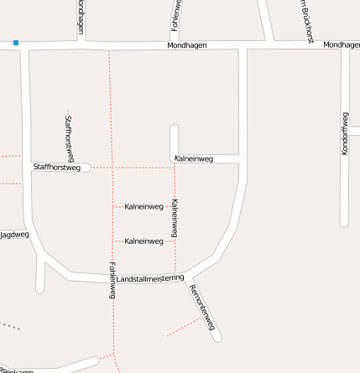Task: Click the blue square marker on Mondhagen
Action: coord(16,42)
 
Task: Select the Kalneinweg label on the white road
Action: coord(193,158)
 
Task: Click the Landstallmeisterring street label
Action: coord(150,277)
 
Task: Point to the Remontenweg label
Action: coord(203,307)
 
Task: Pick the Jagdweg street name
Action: coord(14,235)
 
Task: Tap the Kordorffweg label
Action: coord(345,132)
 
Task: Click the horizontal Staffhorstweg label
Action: coord(56,168)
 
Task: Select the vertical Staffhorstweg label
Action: coord(68,137)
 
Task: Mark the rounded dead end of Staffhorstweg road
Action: coord(86,168)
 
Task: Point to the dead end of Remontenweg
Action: coord(217,338)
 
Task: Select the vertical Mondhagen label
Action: coord(80,17)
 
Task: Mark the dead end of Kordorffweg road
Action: coord(344,223)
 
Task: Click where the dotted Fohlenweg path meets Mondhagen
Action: coord(109,47)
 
